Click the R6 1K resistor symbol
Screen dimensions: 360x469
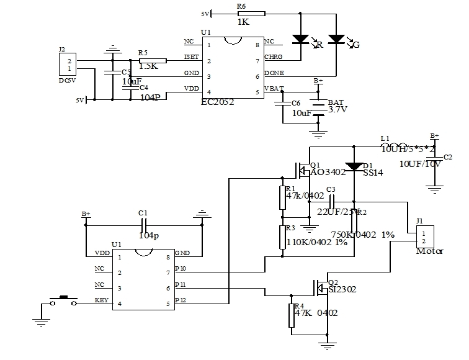click(x=251, y=13)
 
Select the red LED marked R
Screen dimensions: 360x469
click(x=300, y=38)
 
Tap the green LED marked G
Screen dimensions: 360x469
click(x=336, y=38)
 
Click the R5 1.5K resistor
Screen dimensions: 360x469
click(x=153, y=60)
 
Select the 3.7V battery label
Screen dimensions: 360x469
click(x=337, y=109)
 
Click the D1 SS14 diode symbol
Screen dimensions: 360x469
click(x=354, y=166)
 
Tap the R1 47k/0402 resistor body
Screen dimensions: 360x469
click(x=282, y=197)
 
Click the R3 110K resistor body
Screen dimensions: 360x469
click(x=282, y=237)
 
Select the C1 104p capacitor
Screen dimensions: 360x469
click(x=143, y=224)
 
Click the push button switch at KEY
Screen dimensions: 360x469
click(x=63, y=301)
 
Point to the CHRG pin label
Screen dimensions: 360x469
click(x=273, y=57)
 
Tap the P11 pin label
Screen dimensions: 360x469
click(x=180, y=285)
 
